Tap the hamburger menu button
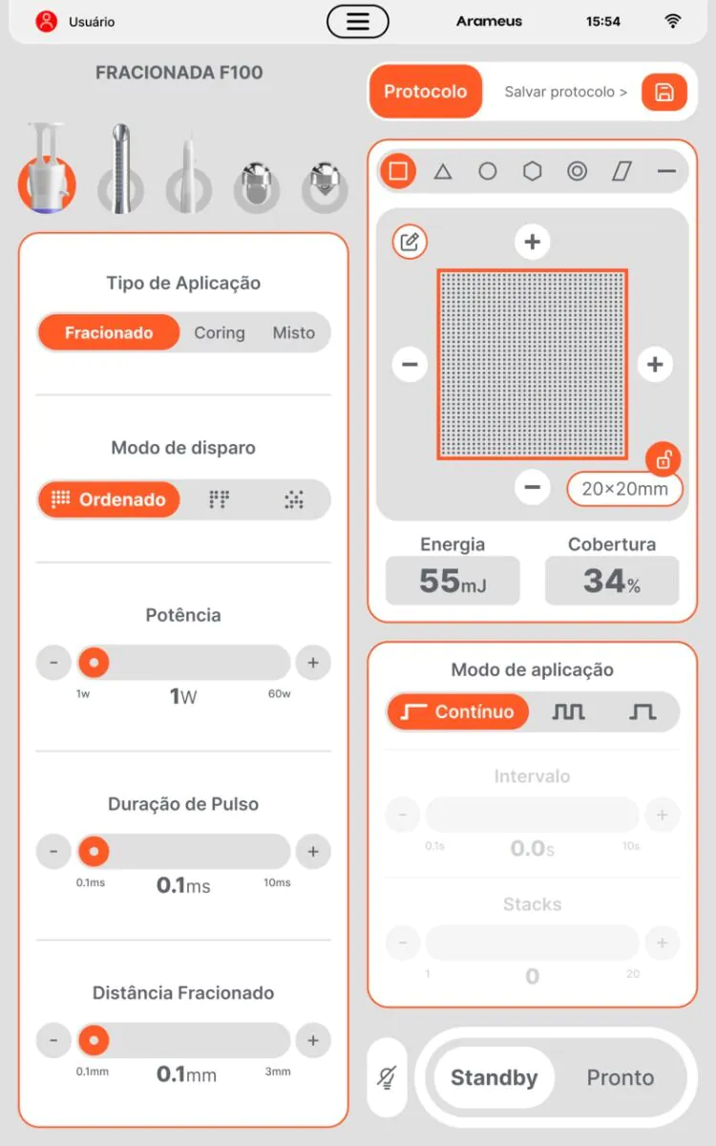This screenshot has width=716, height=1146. (357, 21)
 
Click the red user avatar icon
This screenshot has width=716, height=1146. (46, 21)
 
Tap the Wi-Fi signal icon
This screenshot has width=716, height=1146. (672, 21)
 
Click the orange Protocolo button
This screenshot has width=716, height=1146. (426, 92)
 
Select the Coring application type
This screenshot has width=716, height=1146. (220, 332)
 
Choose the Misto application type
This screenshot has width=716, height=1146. (294, 332)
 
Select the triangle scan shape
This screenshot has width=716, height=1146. (443, 171)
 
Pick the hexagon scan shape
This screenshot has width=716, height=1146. (533, 171)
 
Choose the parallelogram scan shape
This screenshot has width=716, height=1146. (621, 171)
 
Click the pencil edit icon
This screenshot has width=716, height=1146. (410, 242)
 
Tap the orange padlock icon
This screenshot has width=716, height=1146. (663, 459)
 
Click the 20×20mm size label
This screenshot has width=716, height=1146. (624, 489)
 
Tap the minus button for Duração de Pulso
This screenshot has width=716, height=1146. (53, 851)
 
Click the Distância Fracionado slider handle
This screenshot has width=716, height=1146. (94, 1040)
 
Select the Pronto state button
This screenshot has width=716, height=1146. (621, 1077)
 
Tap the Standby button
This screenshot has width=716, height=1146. (495, 1077)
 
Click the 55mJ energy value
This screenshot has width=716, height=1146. (453, 581)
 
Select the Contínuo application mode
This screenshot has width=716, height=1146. (457, 711)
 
